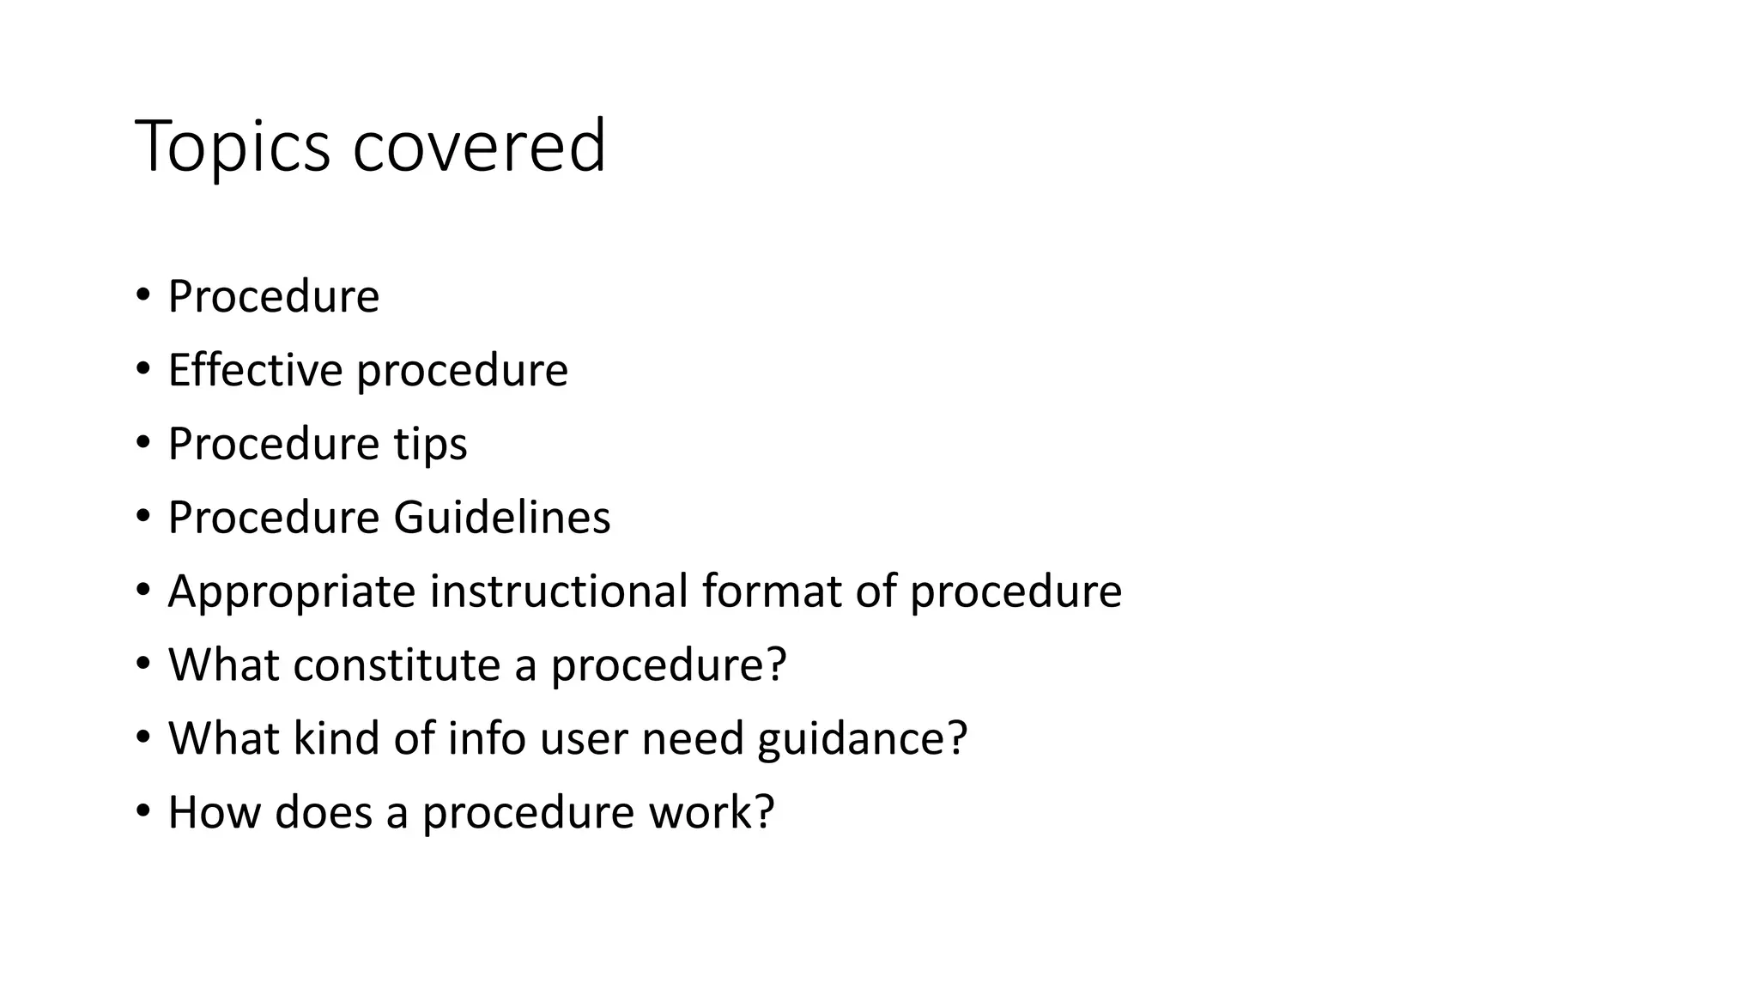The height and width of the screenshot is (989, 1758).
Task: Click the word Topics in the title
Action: pos(232,148)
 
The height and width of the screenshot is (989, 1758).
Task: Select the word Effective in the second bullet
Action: pos(255,370)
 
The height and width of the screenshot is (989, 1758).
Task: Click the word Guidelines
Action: pos(501,518)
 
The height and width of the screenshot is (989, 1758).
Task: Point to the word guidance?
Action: pos(862,740)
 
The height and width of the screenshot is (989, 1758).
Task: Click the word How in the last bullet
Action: pos(214,812)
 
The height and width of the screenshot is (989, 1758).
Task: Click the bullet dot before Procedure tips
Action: pos(142,443)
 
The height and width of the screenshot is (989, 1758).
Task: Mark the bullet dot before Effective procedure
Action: pos(142,369)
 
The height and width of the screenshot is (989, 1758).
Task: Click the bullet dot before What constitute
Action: pos(142,664)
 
